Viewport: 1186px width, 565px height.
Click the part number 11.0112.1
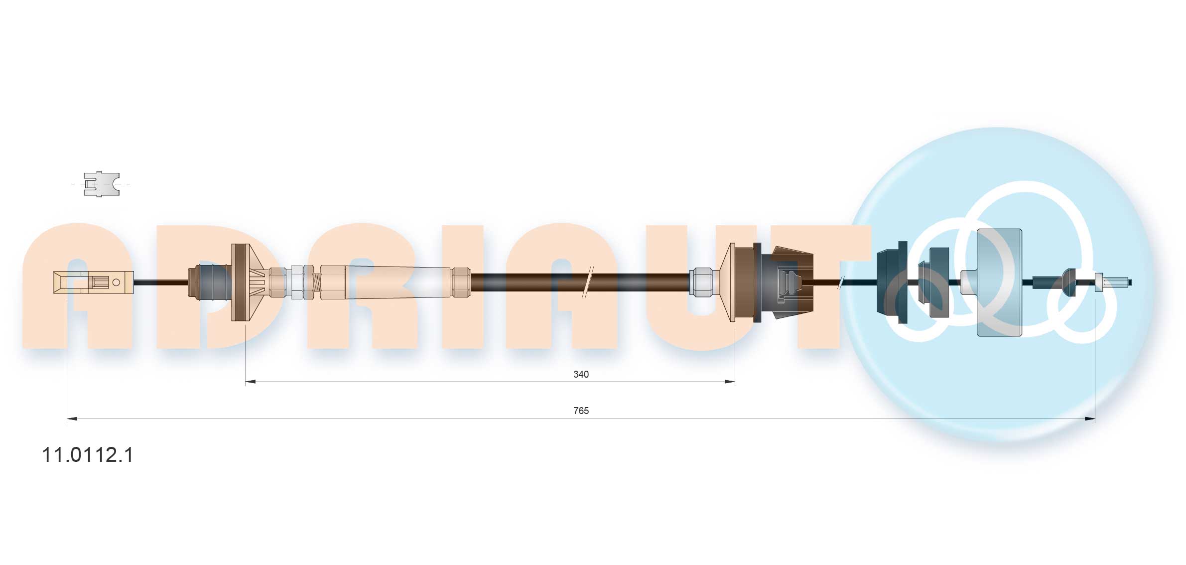[x=88, y=455]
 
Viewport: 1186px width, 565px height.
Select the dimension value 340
[x=581, y=374]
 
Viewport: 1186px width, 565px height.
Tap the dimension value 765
[x=581, y=411]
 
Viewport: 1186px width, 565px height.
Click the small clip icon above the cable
[x=102, y=184]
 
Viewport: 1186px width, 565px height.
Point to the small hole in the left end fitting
[x=116, y=282]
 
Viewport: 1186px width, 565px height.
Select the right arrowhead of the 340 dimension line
[x=730, y=382]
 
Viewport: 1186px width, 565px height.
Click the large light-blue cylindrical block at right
[x=999, y=282]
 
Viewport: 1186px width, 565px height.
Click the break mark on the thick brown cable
[x=588, y=282]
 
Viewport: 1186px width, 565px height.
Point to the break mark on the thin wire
[x=841, y=282]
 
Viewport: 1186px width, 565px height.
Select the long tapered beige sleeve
[x=398, y=282]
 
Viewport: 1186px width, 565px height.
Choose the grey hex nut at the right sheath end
[x=700, y=282]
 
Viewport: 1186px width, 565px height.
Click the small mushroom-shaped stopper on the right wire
[x=1068, y=282]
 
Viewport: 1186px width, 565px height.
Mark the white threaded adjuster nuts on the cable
[x=302, y=282]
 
